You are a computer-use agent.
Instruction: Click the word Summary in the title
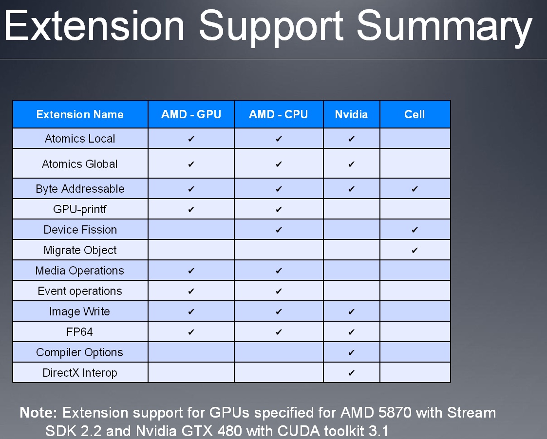coord(444,27)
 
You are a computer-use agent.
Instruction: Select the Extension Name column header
coord(80,114)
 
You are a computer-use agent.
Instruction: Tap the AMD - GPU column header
coord(191,114)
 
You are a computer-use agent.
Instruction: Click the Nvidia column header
coord(351,114)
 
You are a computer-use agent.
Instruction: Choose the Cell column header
coord(415,114)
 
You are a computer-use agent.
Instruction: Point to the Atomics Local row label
coord(80,139)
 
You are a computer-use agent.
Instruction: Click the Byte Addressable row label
coord(80,189)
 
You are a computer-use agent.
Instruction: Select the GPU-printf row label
coord(80,209)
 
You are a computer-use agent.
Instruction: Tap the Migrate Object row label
coord(80,250)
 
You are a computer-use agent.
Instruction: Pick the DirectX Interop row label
coord(80,373)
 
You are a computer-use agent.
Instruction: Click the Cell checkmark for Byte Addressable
coord(415,189)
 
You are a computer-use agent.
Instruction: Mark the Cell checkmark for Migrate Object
coord(415,250)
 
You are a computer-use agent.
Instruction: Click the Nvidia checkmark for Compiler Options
coord(351,352)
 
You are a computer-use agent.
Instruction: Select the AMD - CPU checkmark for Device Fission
coord(279,230)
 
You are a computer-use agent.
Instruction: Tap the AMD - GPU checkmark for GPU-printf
coord(191,210)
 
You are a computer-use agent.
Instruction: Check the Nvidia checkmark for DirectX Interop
coord(351,373)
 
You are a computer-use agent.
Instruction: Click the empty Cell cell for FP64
coord(415,331)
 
